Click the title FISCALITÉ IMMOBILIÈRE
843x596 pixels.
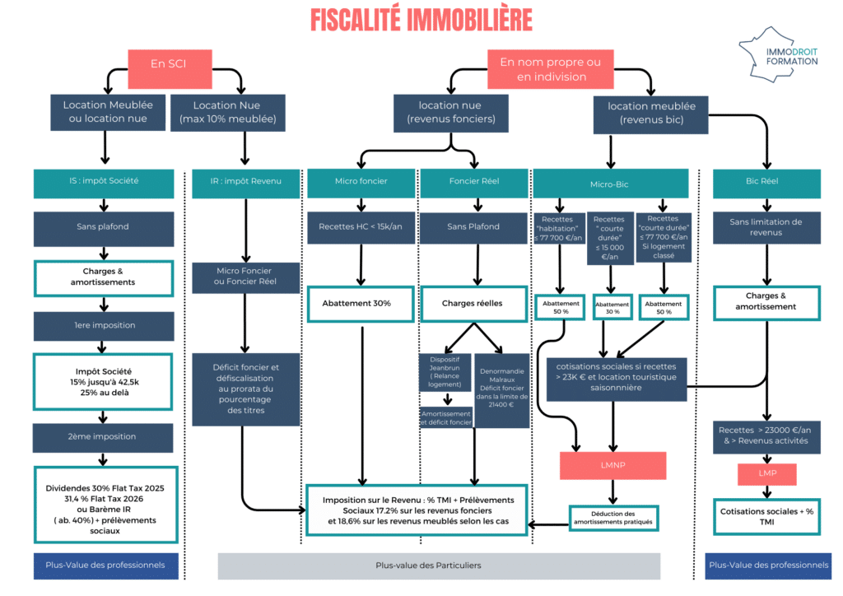click(x=421, y=19)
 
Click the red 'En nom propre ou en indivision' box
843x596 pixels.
click(x=550, y=69)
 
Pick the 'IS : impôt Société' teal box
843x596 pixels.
click(x=104, y=181)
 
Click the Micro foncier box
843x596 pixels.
click(x=361, y=181)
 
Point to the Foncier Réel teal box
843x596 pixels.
click(x=473, y=181)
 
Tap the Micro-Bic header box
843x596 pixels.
click(x=609, y=184)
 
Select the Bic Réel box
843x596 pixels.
click(x=766, y=181)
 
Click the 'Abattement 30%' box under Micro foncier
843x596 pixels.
click(x=361, y=303)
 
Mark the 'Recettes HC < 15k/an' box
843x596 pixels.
click(x=361, y=226)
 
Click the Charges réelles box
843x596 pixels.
click(x=473, y=303)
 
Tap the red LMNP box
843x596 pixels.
click(x=612, y=465)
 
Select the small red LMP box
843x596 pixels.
click(x=766, y=474)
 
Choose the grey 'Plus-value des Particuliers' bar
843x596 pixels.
click(x=438, y=566)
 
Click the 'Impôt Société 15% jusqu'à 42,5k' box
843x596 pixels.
click(x=104, y=380)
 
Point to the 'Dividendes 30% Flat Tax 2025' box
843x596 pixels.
click(x=105, y=504)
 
